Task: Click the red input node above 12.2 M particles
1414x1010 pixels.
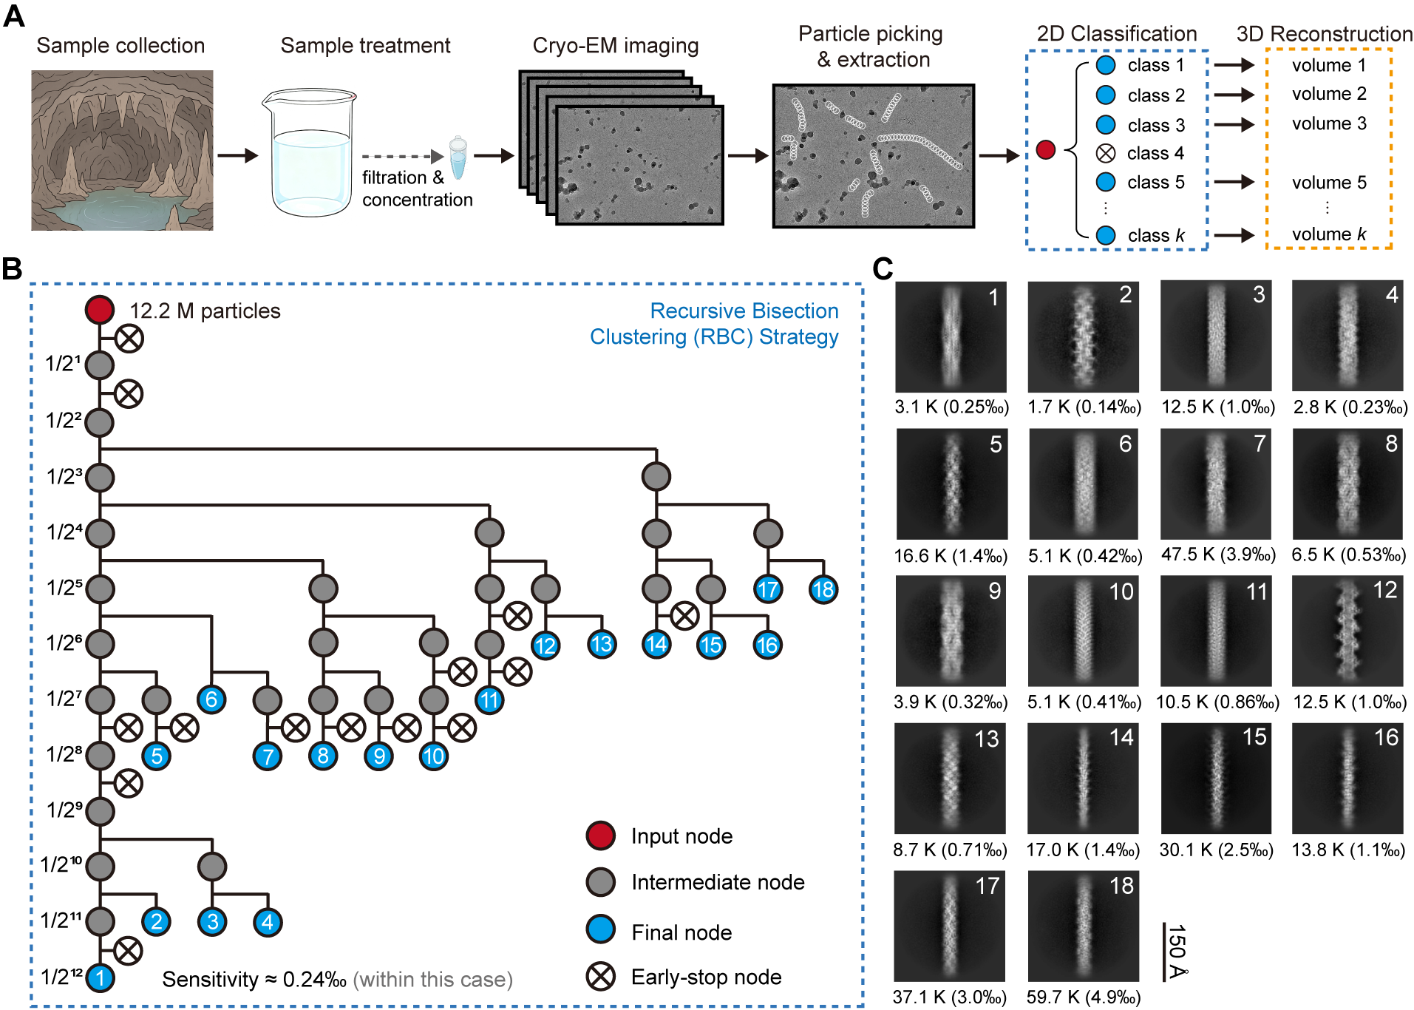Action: [x=100, y=310]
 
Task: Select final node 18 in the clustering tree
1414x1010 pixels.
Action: [x=823, y=589]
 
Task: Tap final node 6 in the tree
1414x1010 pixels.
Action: [x=211, y=699]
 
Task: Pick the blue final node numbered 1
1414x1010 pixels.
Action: [x=100, y=977]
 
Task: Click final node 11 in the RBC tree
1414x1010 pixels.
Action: [x=489, y=699]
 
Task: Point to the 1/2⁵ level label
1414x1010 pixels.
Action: [x=64, y=588]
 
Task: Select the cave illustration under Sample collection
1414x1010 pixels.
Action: [x=122, y=150]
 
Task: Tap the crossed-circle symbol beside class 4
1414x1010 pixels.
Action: [x=1105, y=154]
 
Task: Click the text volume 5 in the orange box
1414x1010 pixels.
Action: [x=1329, y=183]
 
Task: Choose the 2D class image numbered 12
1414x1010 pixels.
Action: [x=1347, y=631]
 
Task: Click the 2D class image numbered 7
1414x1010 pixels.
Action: [x=1216, y=484]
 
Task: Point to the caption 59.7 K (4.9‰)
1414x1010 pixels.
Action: [x=1083, y=997]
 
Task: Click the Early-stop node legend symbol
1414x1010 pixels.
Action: [x=601, y=977]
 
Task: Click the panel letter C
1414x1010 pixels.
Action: [x=883, y=268]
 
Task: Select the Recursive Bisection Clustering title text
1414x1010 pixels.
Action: [x=714, y=323]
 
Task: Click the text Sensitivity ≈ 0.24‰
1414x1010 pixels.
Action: [x=254, y=980]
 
